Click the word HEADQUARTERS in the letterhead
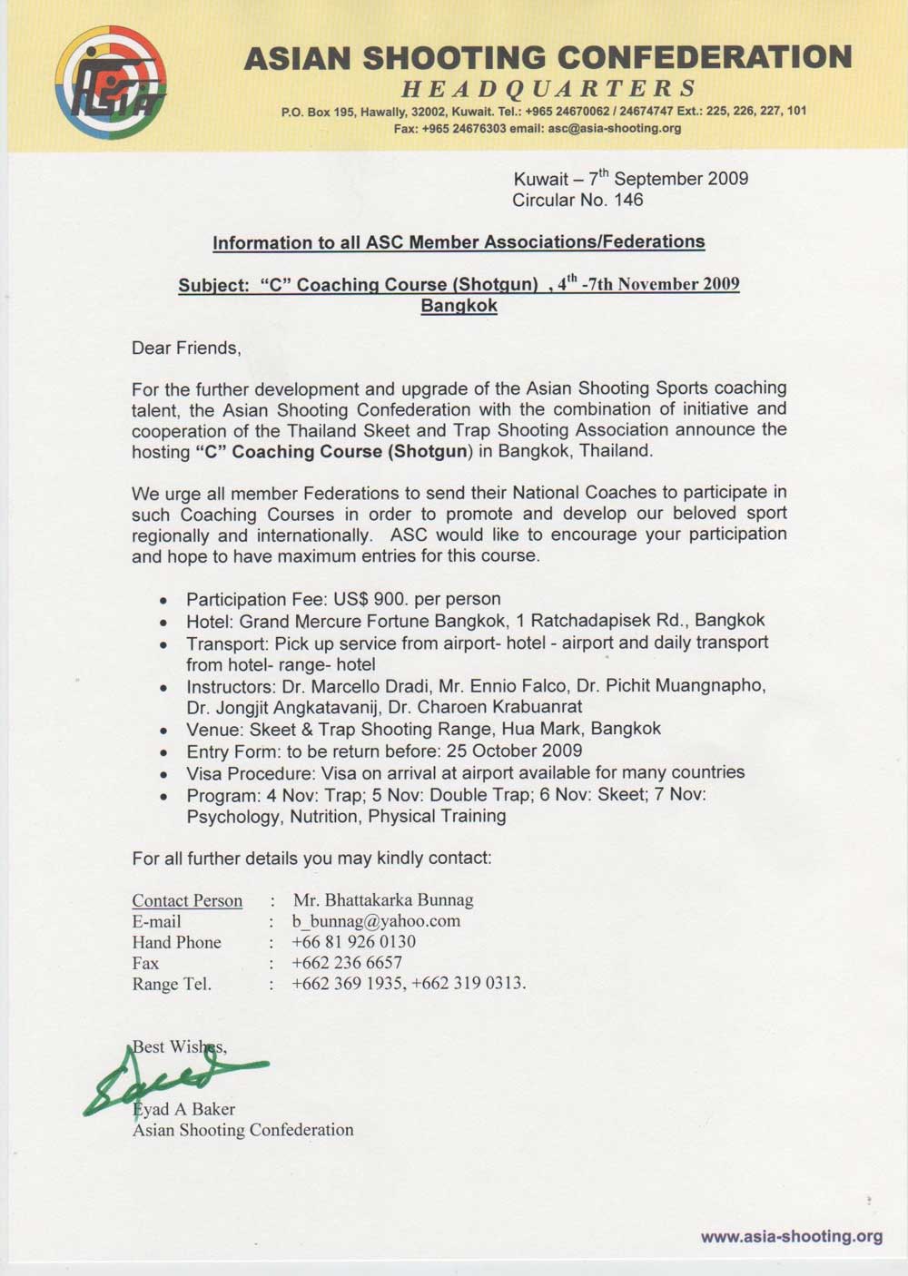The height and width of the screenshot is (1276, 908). tap(548, 89)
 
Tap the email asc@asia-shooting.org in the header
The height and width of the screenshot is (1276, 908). tap(614, 129)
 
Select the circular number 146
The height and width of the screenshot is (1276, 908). tap(628, 201)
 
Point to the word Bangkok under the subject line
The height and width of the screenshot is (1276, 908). tap(459, 306)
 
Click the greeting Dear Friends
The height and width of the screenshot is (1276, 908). tap(186, 348)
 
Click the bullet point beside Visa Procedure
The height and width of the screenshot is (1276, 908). tap(163, 775)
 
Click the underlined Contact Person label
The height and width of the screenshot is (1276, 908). tap(187, 900)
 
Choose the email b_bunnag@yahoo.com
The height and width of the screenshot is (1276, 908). tap(376, 921)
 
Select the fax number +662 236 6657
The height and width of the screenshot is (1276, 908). tap(347, 963)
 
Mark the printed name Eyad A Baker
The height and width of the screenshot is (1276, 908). tap(184, 1109)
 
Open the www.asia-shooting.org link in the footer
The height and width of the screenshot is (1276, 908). tap(791, 1236)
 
